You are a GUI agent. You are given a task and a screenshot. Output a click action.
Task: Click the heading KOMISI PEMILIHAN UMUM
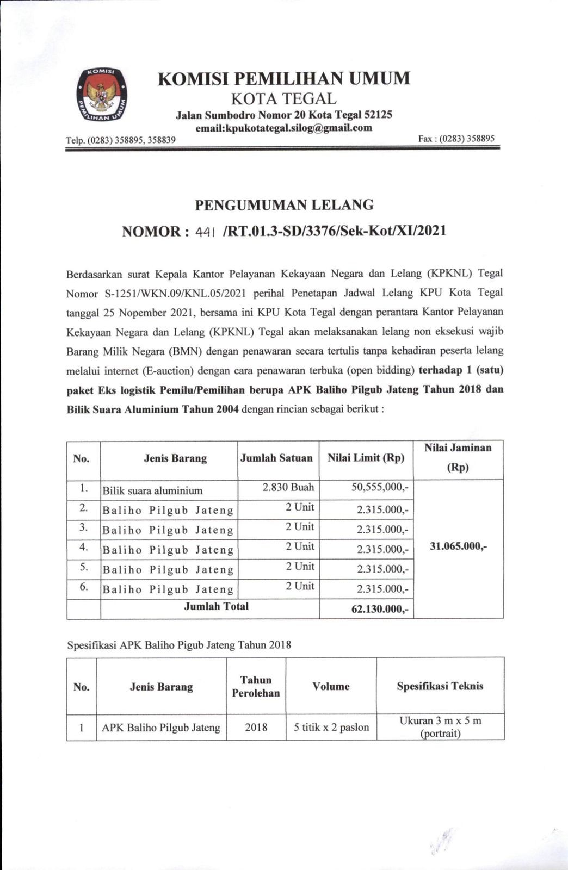point(283,79)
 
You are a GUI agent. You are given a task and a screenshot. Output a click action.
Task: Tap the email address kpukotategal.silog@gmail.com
point(283,128)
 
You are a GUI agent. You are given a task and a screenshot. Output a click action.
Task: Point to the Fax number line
point(456,139)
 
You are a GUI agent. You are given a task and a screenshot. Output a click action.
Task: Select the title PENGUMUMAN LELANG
point(284,205)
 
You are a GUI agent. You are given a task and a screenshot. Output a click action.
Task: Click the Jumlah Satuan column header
point(276,458)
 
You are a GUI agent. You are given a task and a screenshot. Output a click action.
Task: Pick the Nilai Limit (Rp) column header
point(366,458)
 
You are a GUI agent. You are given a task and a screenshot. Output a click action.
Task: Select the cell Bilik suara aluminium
point(152,490)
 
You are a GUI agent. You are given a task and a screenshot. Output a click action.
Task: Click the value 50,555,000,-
point(380,488)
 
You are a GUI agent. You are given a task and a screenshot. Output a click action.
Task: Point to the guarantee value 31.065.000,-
point(458,546)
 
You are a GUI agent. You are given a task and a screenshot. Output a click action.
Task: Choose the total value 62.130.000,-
point(380,609)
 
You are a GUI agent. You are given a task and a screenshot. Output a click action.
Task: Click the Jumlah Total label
point(216,606)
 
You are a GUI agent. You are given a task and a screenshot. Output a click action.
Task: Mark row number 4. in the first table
point(83,547)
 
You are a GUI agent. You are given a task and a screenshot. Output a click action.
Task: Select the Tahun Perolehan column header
point(256,686)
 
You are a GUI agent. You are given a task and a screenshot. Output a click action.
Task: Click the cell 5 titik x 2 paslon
point(331,727)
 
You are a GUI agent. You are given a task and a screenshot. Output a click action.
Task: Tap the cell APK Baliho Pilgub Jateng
point(161,728)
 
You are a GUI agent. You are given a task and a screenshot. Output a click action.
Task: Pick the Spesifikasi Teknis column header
point(440,686)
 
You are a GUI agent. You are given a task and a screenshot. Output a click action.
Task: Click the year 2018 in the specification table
point(256,727)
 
